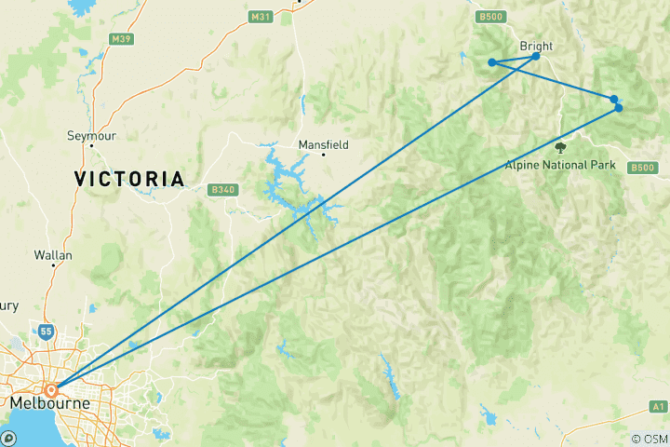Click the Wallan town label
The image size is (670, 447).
coord(53,253)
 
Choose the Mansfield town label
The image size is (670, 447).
coord(323,145)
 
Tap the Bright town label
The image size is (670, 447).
coord(537,46)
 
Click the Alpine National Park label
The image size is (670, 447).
coord(560,165)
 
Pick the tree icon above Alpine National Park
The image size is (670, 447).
coord(560,147)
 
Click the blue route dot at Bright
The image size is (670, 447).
coord(536,57)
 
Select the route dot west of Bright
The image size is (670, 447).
coord(491,62)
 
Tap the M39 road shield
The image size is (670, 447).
coord(120,39)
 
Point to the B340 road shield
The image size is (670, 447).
coord(221,190)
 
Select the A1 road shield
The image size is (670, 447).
coord(658,406)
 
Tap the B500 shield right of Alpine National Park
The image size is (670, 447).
coord(641,168)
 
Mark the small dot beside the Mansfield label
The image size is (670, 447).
coord(324,155)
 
